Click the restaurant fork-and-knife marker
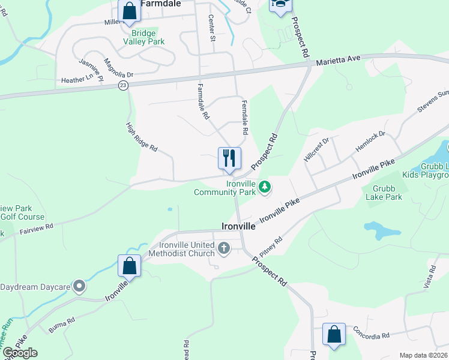point(229,158)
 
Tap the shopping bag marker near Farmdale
point(129,11)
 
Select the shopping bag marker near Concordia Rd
point(334,334)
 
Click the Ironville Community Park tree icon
point(265,188)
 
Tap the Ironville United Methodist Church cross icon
point(224,248)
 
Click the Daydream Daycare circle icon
point(79,287)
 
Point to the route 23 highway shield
point(122,85)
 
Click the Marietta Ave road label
point(338,60)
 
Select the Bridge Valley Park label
point(143,37)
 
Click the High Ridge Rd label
point(142,137)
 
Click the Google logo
point(20,352)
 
